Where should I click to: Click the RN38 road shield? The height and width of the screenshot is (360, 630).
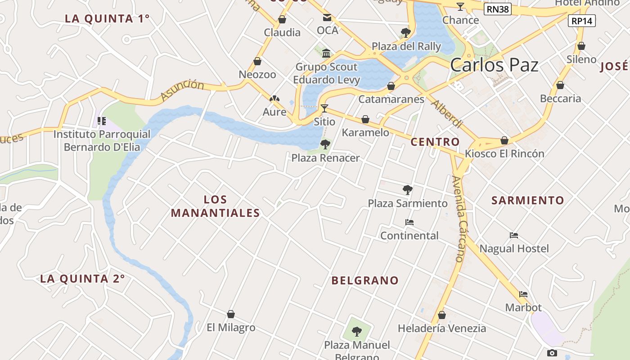click(x=498, y=9)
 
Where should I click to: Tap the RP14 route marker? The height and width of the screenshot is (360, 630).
click(x=582, y=21)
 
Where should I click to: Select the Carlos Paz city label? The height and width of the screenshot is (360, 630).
click(x=494, y=65)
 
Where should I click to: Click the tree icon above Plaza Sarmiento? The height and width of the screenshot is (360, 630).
click(x=408, y=190)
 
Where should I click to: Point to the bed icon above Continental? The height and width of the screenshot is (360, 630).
click(x=409, y=222)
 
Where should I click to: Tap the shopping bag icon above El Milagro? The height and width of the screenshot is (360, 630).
click(x=231, y=314)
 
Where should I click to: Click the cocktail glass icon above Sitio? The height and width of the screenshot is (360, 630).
click(x=324, y=108)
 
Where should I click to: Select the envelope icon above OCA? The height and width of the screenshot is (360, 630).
click(x=327, y=18)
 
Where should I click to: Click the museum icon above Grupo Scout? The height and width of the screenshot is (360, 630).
click(x=326, y=54)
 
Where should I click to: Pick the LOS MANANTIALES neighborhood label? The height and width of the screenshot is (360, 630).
click(x=216, y=206)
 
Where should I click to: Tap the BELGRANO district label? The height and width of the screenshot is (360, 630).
click(x=365, y=281)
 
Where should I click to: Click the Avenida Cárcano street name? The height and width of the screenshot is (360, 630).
click(x=459, y=219)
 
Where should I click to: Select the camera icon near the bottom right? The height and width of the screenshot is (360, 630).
click(x=552, y=353)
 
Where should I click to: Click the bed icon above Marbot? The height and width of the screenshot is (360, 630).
click(x=523, y=294)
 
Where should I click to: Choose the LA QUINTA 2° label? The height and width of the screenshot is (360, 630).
click(x=82, y=279)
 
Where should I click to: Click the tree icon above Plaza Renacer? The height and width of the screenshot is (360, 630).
click(x=325, y=144)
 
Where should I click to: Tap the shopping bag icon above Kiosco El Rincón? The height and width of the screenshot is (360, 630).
click(x=504, y=140)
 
